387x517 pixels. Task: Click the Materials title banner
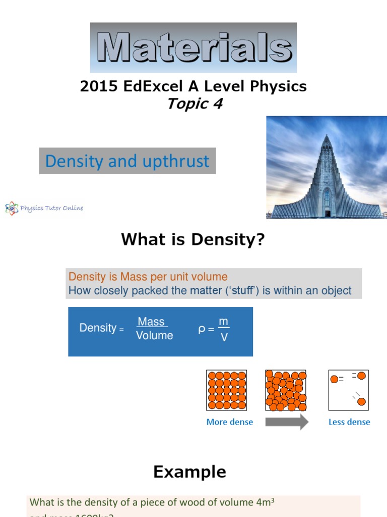click(193, 48)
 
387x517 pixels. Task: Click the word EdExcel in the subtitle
click(144, 86)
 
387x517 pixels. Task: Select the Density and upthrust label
click(127, 161)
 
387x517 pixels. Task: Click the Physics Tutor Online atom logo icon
click(11, 208)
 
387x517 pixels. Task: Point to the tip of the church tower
click(327, 135)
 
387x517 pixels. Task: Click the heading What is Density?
click(192, 240)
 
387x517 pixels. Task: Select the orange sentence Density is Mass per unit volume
click(148, 277)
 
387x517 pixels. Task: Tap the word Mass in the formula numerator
click(152, 322)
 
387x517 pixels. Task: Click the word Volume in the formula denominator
click(154, 336)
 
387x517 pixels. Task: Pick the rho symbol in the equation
click(202, 329)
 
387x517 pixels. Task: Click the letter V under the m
click(224, 337)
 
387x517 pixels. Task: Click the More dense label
click(230, 422)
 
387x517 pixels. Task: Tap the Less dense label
click(349, 422)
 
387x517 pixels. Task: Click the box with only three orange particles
click(349, 390)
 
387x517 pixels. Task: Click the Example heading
click(189, 472)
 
